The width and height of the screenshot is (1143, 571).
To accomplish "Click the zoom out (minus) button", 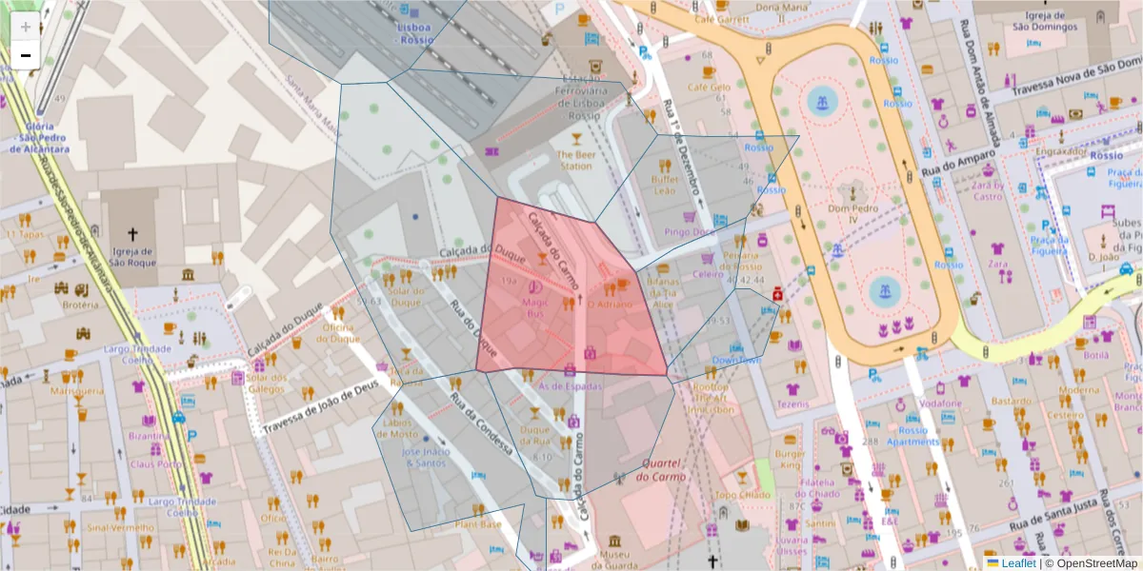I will tap(26, 55).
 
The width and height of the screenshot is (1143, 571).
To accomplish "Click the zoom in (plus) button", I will tap(26, 27).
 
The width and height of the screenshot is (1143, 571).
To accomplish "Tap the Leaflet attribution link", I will tap(1017, 563).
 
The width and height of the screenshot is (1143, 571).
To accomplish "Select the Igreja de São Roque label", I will tap(132, 257).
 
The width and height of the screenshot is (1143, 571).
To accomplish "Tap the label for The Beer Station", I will tap(574, 160).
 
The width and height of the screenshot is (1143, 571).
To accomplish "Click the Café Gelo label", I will tap(708, 87).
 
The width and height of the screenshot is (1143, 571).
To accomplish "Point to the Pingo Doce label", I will tap(690, 231).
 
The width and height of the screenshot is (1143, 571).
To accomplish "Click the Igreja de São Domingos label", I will tap(1051, 21).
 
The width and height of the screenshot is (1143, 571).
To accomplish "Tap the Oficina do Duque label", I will tap(340, 332).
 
